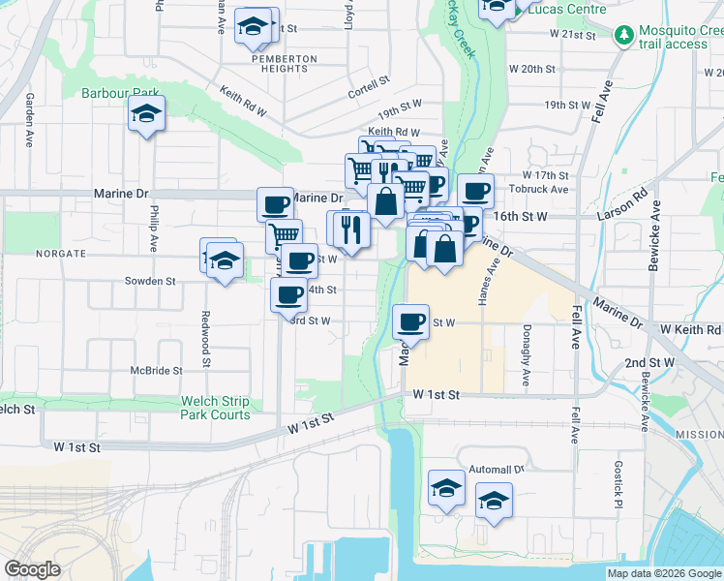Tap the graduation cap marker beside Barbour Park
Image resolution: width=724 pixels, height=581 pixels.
click(x=147, y=116)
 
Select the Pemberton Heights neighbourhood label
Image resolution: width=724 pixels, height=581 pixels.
click(x=284, y=63)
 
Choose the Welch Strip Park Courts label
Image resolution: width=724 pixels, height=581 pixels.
click(x=215, y=408)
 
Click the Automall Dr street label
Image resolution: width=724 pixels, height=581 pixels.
click(x=496, y=469)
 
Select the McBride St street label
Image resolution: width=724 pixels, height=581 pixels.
click(x=157, y=371)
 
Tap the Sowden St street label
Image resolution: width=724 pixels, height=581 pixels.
click(x=149, y=282)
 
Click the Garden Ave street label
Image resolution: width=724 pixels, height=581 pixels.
click(x=30, y=120)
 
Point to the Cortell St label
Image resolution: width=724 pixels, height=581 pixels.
click(x=369, y=94)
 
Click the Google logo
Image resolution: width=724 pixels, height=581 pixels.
click(x=33, y=568)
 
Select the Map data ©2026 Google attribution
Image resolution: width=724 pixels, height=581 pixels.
click(x=663, y=573)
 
